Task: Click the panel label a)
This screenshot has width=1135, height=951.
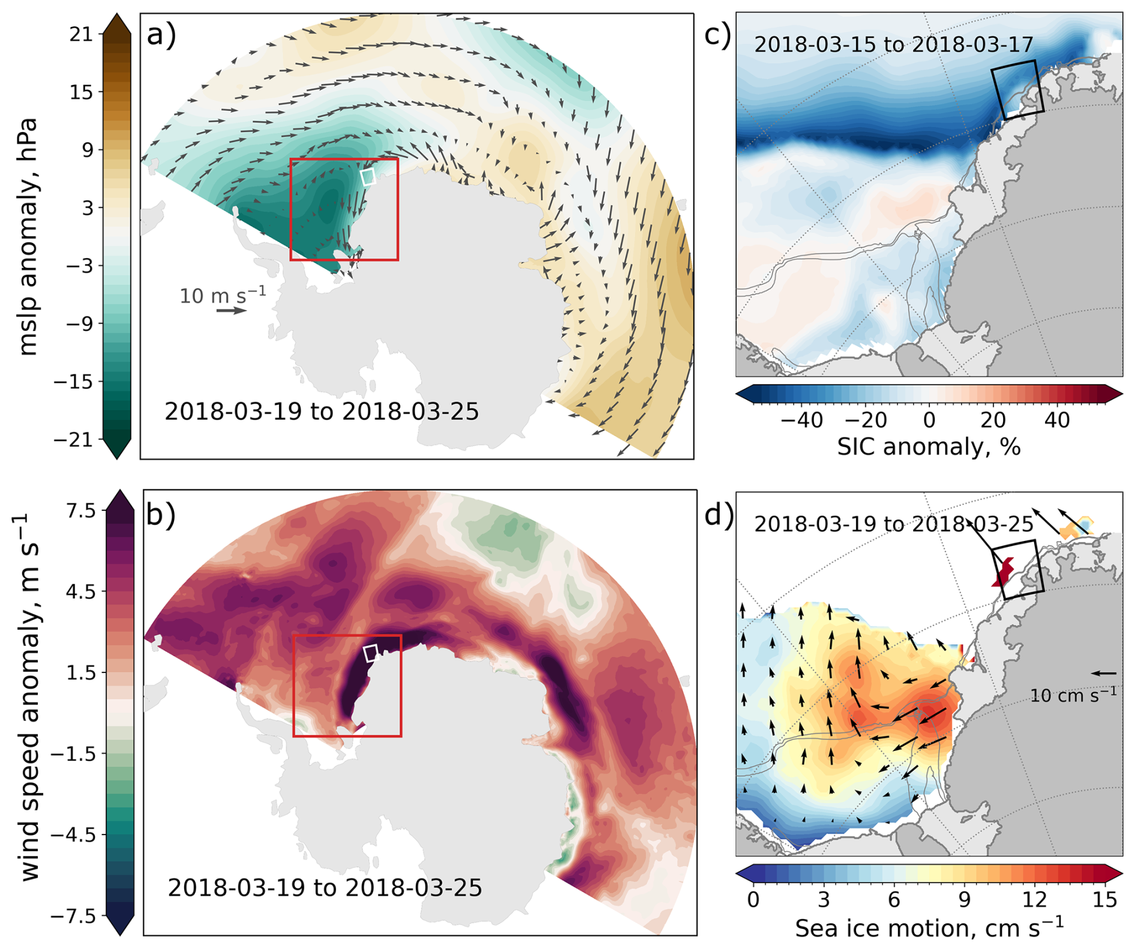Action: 161,35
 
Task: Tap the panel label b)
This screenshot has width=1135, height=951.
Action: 161,514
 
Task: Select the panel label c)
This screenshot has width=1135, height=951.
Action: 717,35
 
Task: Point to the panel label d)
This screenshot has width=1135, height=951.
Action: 717,514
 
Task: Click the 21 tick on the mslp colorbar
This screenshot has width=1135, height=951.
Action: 82,34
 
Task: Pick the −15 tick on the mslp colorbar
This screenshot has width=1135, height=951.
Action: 77,382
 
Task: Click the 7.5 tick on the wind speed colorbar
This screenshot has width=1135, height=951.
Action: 82,511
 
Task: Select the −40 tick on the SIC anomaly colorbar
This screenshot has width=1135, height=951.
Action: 801,420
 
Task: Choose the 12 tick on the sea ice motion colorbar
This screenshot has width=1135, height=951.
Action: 1034,899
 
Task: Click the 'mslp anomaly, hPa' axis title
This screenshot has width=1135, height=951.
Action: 28,237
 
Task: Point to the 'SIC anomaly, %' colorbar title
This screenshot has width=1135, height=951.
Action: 929,447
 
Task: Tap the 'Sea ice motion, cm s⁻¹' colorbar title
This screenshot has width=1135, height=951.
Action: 929,928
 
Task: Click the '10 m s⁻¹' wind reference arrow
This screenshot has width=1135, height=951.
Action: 232,310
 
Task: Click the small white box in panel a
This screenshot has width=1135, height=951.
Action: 368,177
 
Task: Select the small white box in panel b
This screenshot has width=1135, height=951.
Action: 371,653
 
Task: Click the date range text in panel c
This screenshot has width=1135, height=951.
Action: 893,44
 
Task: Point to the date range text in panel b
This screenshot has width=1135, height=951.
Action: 325,887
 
